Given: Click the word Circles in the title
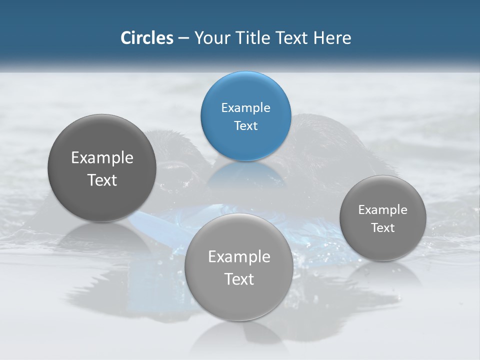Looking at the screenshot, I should [146, 38].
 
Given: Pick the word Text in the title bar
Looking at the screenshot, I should [292, 38].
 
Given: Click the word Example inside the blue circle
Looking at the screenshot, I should [245, 108].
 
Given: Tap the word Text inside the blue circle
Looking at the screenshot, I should [245, 126].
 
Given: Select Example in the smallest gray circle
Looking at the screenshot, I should [382, 210].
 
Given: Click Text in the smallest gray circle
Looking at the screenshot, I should [382, 228].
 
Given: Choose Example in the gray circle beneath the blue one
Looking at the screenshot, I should [239, 257].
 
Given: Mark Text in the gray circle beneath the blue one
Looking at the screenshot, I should [239, 279].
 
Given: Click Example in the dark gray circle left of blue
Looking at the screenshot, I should [102, 158].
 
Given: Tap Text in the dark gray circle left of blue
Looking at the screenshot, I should [102, 180].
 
